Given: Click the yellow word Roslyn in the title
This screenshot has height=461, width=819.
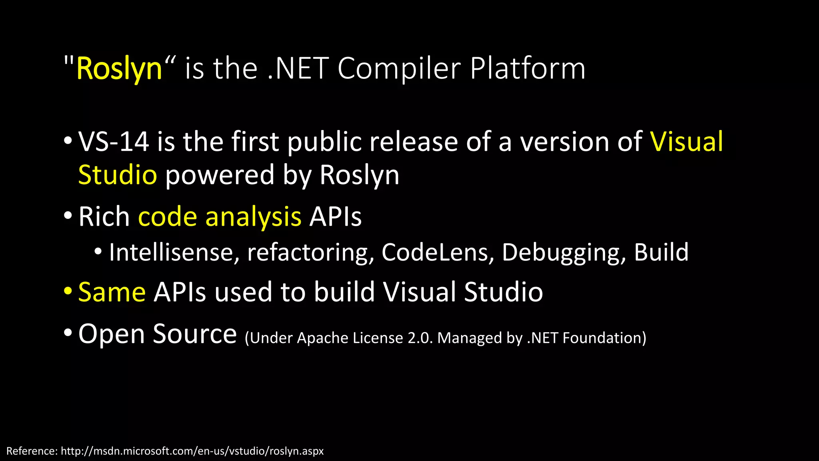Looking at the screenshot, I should [119, 69].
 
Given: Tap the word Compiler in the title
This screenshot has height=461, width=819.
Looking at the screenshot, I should [399, 69].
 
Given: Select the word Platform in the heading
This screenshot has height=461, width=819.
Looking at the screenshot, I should [527, 69].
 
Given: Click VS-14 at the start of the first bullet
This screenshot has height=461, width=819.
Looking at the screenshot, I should [114, 142].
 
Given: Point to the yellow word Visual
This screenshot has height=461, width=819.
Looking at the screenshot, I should [686, 142].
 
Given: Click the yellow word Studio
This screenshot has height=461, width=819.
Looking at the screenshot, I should [118, 175].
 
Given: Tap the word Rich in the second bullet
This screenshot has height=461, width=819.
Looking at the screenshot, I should [104, 217].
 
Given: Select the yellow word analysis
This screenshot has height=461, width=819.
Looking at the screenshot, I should [253, 217].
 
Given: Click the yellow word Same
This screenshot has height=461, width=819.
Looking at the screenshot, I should [112, 292].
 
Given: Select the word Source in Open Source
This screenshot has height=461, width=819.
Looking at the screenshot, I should [195, 334].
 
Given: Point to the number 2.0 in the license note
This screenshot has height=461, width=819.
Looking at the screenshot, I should [420, 338].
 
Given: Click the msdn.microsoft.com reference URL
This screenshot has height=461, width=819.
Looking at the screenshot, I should [192, 451].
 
